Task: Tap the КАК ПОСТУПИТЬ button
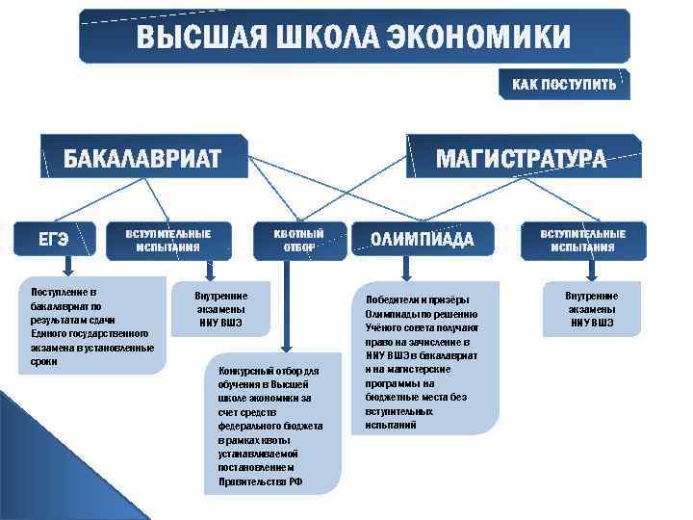coord(564,85)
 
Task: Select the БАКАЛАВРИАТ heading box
coord(142,158)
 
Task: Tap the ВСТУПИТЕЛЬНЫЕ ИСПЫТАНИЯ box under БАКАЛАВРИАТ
coord(168,240)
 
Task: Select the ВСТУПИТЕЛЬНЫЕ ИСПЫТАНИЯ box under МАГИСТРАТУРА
coord(582,240)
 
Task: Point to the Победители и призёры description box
coord(423,355)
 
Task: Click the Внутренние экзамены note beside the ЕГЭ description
coord(221,309)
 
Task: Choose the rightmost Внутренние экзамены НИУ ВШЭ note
coord(591,309)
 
